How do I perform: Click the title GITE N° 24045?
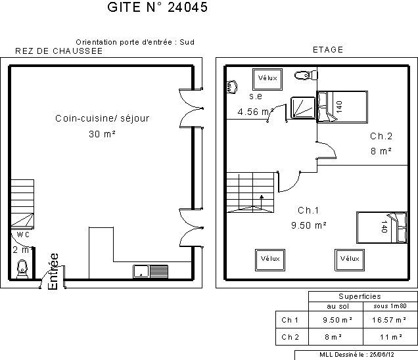tap(157, 7)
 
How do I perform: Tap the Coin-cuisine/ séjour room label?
tap(102, 118)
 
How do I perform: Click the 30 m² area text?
tap(102, 134)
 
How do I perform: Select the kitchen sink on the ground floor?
tap(151, 271)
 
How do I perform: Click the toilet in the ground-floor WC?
tap(22, 269)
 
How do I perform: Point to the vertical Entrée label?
tap(53, 271)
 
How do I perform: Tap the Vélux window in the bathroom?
tap(267, 79)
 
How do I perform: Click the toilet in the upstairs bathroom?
tap(306, 75)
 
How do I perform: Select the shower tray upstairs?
tap(302, 107)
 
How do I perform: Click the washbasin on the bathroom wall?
tap(231, 87)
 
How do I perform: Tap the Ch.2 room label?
tap(381, 136)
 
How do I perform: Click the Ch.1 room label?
tap(308, 210)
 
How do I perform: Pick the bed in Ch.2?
tap(342, 107)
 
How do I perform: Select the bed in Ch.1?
tap(382, 227)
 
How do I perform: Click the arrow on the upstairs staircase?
tap(262, 202)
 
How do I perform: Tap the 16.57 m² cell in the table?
tap(389, 320)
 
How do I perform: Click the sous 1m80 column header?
tap(390, 306)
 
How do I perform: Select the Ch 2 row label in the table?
tap(290, 337)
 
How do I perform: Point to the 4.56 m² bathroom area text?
tap(256, 112)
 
